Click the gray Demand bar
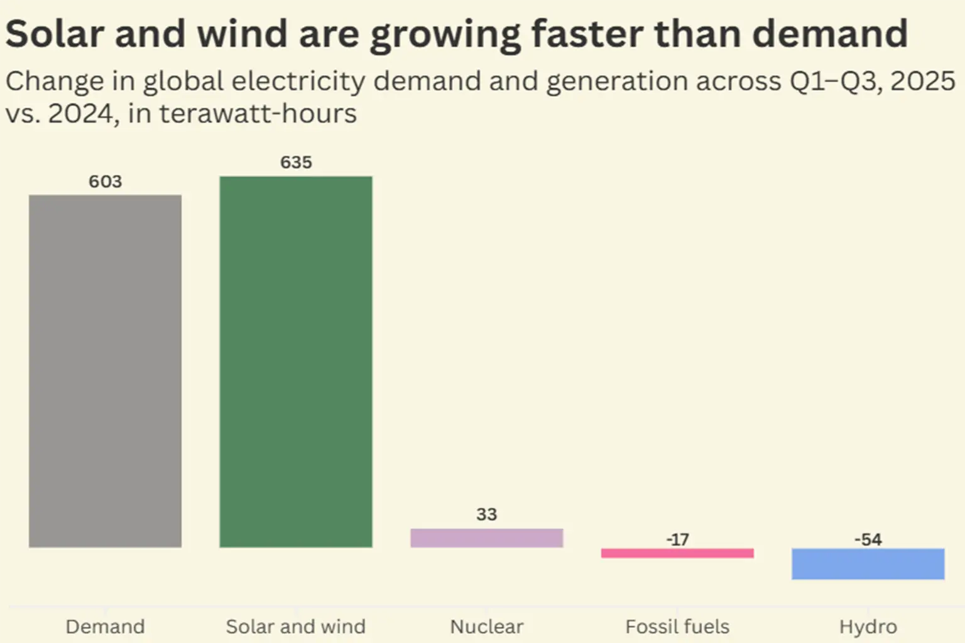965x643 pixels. pyautogui.click(x=105, y=371)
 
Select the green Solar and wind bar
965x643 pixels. pyautogui.click(x=296, y=362)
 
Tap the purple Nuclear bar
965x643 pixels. pyautogui.click(x=487, y=538)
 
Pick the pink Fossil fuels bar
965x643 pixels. pyautogui.click(x=678, y=553)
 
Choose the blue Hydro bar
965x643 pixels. pyautogui.click(x=868, y=564)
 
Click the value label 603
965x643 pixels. pyautogui.click(x=106, y=181)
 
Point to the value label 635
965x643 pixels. pyautogui.click(x=297, y=163)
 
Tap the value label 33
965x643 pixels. pyautogui.click(x=487, y=514)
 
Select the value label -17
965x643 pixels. pyautogui.click(x=678, y=539)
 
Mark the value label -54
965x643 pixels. pyautogui.click(x=868, y=539)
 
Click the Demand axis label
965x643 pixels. pyautogui.click(x=105, y=627)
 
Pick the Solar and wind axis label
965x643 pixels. pyautogui.click(x=296, y=627)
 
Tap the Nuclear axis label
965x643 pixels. pyautogui.click(x=487, y=627)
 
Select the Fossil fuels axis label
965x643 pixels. pyautogui.click(x=678, y=627)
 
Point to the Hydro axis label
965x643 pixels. pyautogui.click(x=868, y=627)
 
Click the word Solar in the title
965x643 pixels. pyautogui.click(x=55, y=33)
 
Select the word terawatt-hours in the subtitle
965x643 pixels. pyautogui.click(x=258, y=113)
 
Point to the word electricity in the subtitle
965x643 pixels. pyautogui.click(x=298, y=82)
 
